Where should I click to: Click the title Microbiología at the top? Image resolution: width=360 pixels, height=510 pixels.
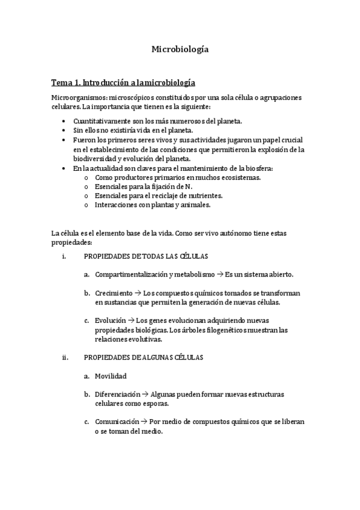tap(180, 50)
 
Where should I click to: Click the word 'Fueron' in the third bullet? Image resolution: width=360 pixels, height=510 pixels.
tap(84, 140)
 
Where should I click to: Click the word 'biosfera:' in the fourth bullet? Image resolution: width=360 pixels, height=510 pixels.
tap(256, 168)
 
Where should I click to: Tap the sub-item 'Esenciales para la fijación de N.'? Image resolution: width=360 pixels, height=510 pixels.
tap(144, 186)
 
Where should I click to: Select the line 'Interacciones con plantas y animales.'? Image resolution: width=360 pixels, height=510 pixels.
tap(153, 204)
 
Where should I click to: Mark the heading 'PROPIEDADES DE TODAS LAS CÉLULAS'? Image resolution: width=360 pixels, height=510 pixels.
tap(146, 256)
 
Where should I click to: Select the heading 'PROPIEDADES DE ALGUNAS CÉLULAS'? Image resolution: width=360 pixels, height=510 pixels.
tap(144, 357)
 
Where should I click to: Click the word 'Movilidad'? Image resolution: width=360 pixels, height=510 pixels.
tap(111, 376)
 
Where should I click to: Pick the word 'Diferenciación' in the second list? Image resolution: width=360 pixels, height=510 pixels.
tap(117, 394)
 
